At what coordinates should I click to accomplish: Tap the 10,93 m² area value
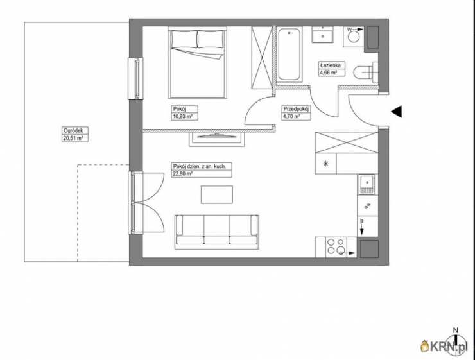pyautogui.click(x=183, y=116)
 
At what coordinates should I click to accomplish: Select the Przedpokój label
pyautogui.click(x=296, y=109)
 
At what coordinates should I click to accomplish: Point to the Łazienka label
pyautogui.click(x=330, y=65)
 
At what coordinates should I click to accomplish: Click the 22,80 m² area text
pyautogui.click(x=183, y=173)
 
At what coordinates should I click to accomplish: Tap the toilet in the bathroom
pyautogui.click(x=366, y=73)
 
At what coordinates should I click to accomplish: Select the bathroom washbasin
pyautogui.click(x=323, y=35)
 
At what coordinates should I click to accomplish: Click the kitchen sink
pyautogui.click(x=367, y=184)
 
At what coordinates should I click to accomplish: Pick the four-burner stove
pyautogui.click(x=336, y=246)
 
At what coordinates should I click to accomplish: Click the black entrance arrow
pyautogui.click(x=396, y=112)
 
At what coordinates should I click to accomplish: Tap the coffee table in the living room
pyautogui.click(x=216, y=194)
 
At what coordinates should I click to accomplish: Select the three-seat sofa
pyautogui.click(x=216, y=232)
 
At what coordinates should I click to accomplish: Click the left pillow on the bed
pyautogui.click(x=184, y=39)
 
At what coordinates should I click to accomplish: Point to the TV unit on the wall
pyautogui.click(x=216, y=139)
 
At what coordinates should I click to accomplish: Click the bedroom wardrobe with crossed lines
pyautogui.click(x=262, y=58)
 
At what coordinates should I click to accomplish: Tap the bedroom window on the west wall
pyautogui.click(x=135, y=79)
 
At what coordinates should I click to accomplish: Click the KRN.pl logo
pyautogui.click(x=444, y=346)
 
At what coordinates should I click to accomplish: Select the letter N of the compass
pyautogui.click(x=455, y=330)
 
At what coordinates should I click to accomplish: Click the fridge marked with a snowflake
pyautogui.click(x=326, y=164)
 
